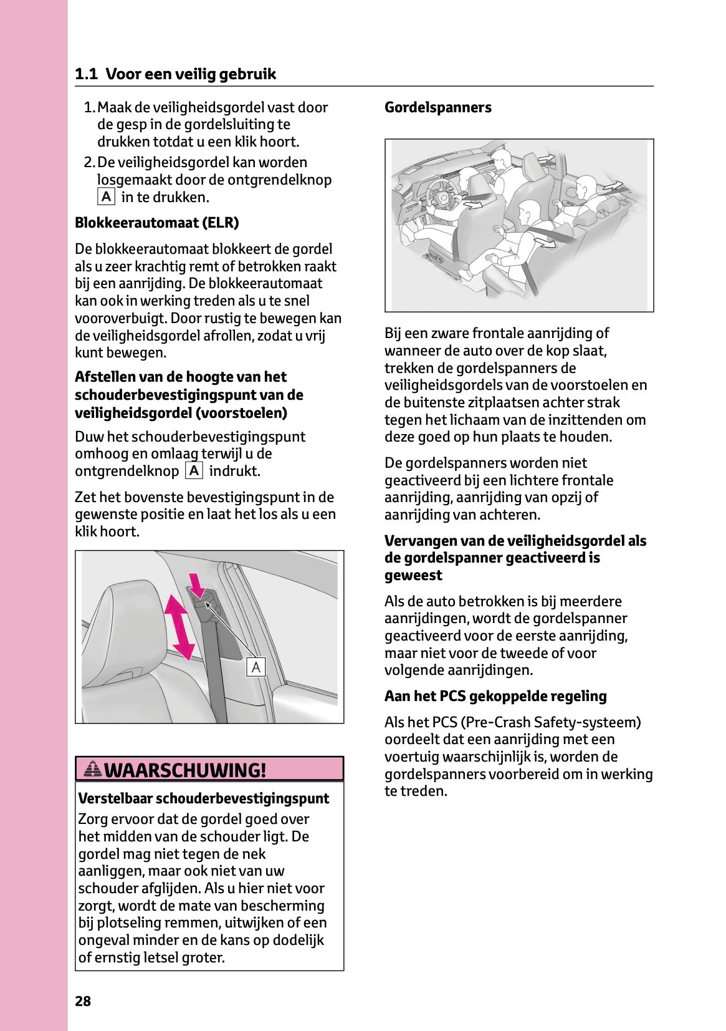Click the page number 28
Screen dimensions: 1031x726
click(83, 1001)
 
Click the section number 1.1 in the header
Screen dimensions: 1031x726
click(86, 74)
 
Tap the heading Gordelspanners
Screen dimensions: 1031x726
click(437, 107)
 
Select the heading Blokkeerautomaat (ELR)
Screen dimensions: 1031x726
click(156, 223)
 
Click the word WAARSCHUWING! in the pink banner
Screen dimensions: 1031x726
click(185, 770)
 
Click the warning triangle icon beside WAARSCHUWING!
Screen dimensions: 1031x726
click(92, 769)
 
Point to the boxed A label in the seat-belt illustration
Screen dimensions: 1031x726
click(256, 667)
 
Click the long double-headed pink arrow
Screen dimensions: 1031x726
click(179, 627)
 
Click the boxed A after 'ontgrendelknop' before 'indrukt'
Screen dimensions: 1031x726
click(194, 471)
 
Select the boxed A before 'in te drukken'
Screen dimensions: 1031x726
click(107, 197)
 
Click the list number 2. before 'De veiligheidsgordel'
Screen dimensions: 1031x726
click(89, 163)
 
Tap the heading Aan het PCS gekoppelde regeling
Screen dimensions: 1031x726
click(495, 696)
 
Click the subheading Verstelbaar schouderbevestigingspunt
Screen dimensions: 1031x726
click(203, 798)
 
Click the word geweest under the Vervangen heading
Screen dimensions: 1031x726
click(413, 575)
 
